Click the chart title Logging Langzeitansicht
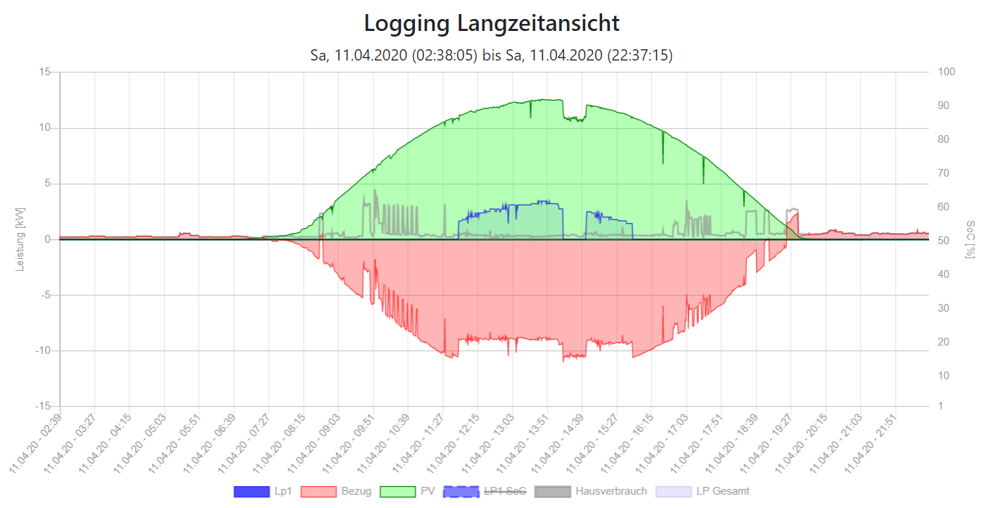[492, 23]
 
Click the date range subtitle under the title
[492, 55]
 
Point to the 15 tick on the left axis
[45, 72]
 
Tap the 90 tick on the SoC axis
[942, 106]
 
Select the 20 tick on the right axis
[942, 342]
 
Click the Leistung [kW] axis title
[20, 239]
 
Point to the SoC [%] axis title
[971, 239]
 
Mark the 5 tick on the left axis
[47, 184]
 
